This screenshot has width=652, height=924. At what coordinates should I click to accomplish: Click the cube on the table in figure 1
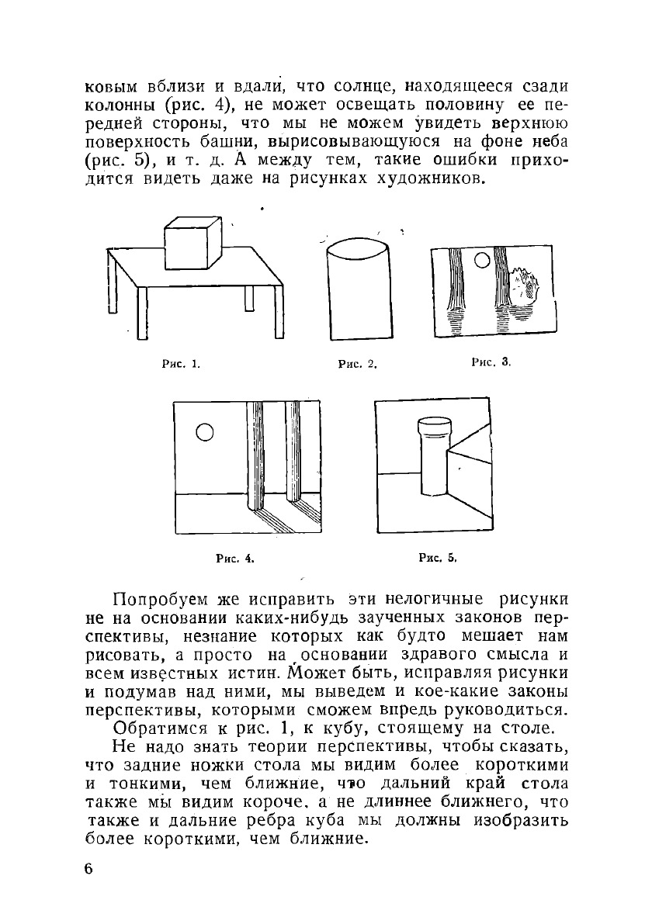click(x=192, y=244)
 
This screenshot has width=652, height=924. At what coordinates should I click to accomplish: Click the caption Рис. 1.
click(x=180, y=362)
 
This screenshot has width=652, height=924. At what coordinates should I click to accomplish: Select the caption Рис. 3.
click(x=491, y=362)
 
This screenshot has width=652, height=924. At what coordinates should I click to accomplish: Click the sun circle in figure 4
click(x=205, y=431)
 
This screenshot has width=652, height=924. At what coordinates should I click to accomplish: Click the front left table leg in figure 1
click(x=142, y=313)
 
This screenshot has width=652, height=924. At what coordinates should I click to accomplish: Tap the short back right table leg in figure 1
click(x=248, y=299)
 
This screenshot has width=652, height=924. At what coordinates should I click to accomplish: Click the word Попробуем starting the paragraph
click(x=160, y=600)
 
